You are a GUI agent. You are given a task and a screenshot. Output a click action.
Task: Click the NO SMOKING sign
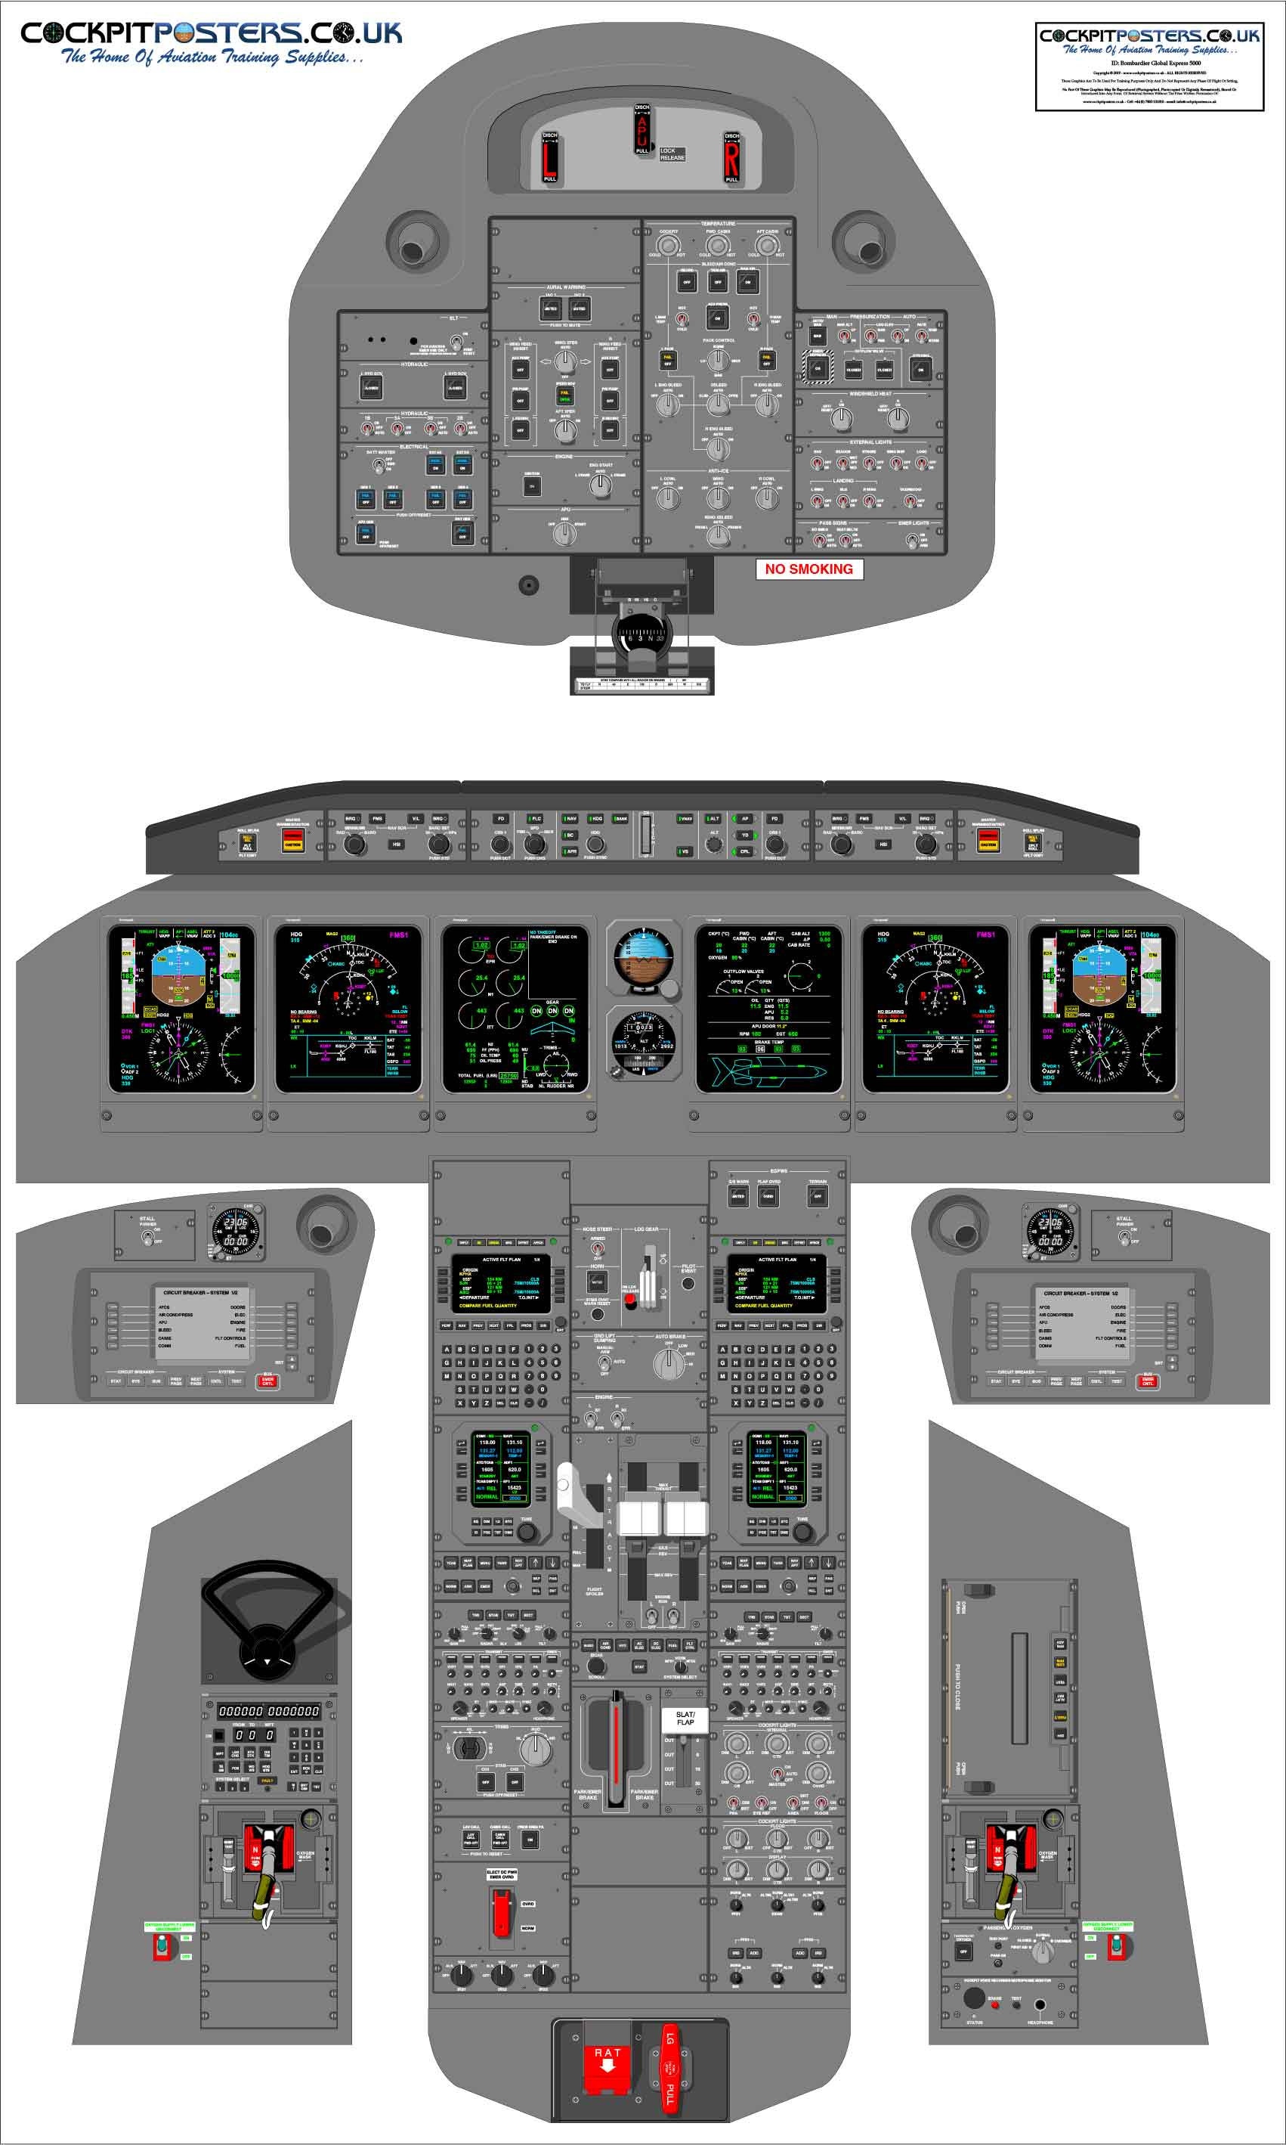click(x=808, y=569)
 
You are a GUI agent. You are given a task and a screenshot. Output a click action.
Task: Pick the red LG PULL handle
click(x=669, y=2067)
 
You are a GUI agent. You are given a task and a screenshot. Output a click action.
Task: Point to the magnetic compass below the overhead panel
click(x=641, y=637)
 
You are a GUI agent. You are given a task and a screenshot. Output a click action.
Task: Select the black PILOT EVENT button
click(x=688, y=1283)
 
